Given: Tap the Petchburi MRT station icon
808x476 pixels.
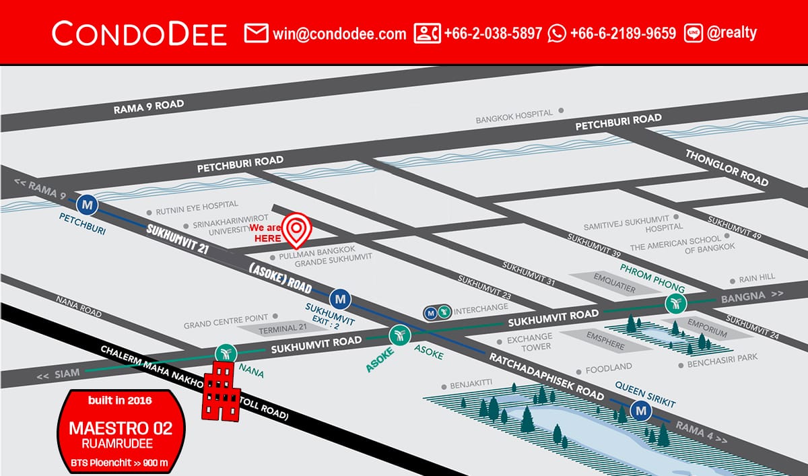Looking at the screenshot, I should click(x=86, y=203).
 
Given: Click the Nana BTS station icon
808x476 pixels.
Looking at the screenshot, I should click(x=224, y=353).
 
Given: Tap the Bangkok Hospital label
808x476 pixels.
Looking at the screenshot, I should click(x=514, y=118).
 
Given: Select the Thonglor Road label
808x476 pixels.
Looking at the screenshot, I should click(x=727, y=168).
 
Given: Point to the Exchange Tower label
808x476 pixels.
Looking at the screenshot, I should click(x=529, y=341).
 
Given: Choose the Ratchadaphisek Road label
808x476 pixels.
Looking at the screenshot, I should click(x=547, y=378).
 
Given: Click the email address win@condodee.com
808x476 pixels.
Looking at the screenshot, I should click(x=339, y=33).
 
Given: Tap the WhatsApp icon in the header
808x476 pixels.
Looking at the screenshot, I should click(x=557, y=33).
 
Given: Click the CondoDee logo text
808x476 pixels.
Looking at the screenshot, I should click(x=139, y=33).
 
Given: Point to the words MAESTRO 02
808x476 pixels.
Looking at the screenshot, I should click(x=121, y=428).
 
